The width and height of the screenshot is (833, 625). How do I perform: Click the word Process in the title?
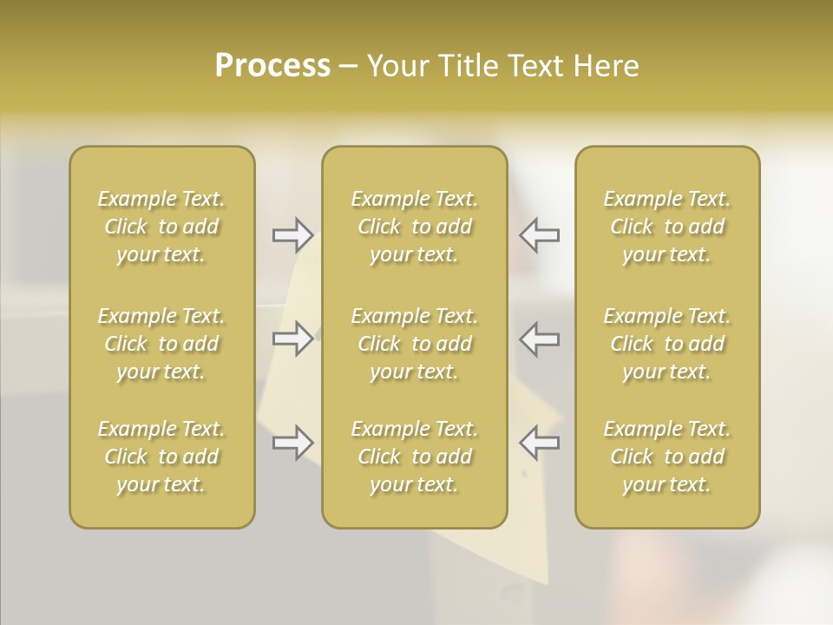(x=272, y=66)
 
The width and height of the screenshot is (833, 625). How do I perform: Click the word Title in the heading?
(x=468, y=66)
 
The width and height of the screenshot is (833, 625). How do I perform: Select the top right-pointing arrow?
(x=292, y=234)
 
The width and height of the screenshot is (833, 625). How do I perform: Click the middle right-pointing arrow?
(x=292, y=339)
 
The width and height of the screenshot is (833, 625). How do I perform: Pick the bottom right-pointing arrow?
(x=292, y=443)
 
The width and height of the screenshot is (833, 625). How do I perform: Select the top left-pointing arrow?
(x=539, y=234)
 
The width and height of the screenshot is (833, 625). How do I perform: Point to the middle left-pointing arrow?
(x=539, y=339)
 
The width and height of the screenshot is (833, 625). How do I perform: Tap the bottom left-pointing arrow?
(x=539, y=443)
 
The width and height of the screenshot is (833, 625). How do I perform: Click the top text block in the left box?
(x=161, y=227)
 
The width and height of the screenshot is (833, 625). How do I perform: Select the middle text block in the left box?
(x=161, y=344)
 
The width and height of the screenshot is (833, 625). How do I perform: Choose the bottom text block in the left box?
(x=161, y=457)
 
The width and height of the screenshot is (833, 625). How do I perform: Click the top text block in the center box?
(x=414, y=227)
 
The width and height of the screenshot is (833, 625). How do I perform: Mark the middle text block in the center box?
(x=414, y=344)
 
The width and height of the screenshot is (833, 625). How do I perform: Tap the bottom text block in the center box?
(x=414, y=457)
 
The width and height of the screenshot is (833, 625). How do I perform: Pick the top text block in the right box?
(x=667, y=227)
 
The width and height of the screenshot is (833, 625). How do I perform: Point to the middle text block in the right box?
(x=667, y=344)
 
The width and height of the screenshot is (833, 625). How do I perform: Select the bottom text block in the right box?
(x=667, y=457)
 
